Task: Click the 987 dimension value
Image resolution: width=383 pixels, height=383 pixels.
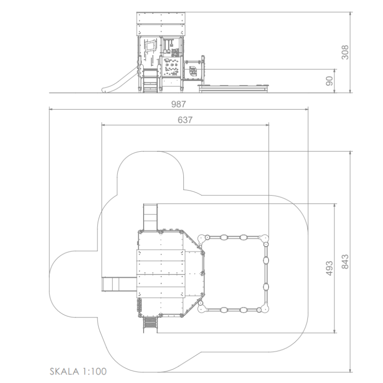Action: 178,104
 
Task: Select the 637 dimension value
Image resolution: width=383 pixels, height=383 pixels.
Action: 185,120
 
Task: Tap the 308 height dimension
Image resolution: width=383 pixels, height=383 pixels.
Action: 345,52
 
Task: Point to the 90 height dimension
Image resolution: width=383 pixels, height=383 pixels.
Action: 329,81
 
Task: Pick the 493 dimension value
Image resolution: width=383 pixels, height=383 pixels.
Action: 329,268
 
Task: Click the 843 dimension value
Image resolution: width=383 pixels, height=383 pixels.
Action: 345,261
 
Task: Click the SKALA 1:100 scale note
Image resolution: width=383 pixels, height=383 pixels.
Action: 78,372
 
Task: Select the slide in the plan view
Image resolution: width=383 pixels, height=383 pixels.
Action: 119,284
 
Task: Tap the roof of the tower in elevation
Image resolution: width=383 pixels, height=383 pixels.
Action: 161,24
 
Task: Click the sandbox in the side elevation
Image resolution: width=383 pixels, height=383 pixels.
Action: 234,89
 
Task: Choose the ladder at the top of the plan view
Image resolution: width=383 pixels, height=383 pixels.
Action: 150,217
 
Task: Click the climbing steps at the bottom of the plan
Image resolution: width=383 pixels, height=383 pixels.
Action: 150,324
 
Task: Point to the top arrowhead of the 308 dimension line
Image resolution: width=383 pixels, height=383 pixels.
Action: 350,14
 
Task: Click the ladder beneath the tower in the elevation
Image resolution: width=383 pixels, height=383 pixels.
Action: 150,80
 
